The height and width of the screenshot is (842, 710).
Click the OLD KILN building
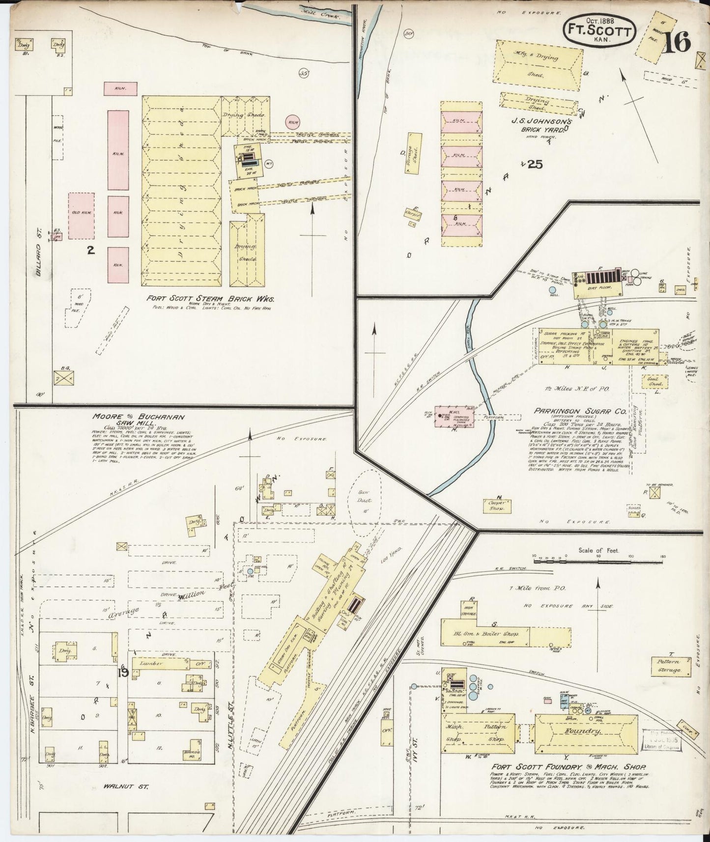click(81, 215)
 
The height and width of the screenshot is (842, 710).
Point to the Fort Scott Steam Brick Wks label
click(210, 298)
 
